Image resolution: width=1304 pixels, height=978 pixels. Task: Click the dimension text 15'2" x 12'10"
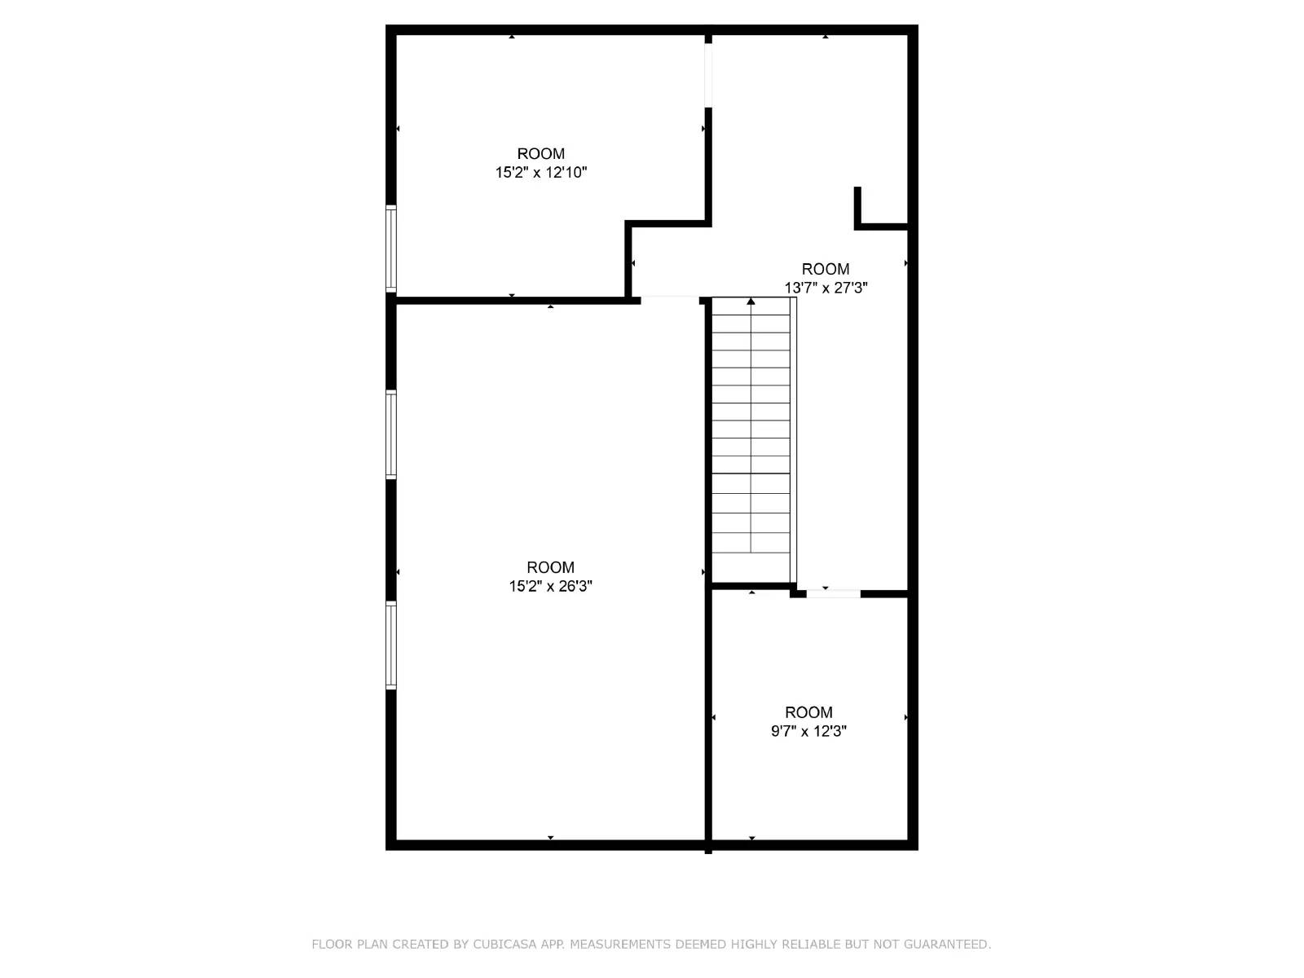pyautogui.click(x=541, y=173)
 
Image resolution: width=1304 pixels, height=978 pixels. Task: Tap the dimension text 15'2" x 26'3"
pyautogui.click(x=551, y=586)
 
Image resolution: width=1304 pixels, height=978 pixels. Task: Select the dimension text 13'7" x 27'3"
pyautogui.click(x=826, y=288)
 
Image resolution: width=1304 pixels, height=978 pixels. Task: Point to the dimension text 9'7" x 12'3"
pyautogui.click(x=808, y=731)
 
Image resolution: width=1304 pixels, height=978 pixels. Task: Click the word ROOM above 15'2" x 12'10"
pyautogui.click(x=541, y=154)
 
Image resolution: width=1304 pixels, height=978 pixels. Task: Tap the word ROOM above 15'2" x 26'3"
pyautogui.click(x=551, y=567)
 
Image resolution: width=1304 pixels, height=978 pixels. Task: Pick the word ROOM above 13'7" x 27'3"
pyautogui.click(x=826, y=269)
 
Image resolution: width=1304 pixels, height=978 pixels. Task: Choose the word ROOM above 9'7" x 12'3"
pyautogui.click(x=808, y=712)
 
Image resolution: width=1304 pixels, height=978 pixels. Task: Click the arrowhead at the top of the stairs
pyautogui.click(x=751, y=302)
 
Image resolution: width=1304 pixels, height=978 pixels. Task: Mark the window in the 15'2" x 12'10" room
pyautogui.click(x=391, y=249)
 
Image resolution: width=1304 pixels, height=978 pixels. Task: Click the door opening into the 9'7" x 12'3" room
pyautogui.click(x=833, y=593)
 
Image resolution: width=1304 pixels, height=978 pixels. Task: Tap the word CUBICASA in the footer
pyautogui.click(x=507, y=945)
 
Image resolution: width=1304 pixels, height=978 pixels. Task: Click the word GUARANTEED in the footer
pyautogui.click(x=950, y=945)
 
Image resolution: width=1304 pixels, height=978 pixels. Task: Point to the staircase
pyautogui.click(x=751, y=440)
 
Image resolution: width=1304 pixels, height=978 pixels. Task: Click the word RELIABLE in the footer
pyautogui.click(x=811, y=945)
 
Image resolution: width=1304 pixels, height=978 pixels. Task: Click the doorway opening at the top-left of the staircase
pyautogui.click(x=670, y=301)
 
